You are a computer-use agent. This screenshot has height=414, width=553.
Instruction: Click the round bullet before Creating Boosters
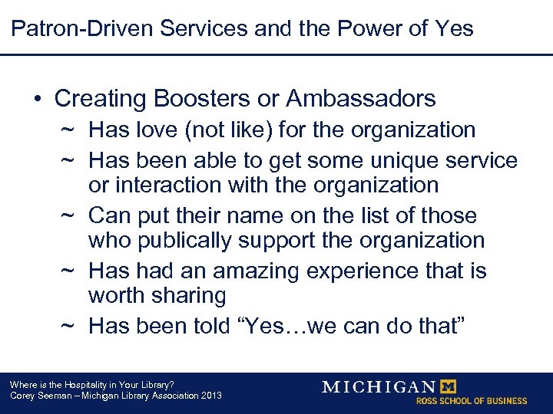(x=38, y=99)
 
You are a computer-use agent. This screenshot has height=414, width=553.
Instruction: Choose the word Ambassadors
(x=361, y=98)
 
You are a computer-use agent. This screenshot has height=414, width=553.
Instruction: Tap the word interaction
(x=171, y=185)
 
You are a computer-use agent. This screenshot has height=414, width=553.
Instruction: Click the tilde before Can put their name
(x=68, y=215)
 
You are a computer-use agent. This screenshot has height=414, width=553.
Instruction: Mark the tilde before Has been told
(x=68, y=326)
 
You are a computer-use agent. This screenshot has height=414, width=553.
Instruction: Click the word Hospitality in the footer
(x=86, y=384)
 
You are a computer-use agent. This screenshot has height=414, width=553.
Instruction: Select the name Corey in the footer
(x=22, y=396)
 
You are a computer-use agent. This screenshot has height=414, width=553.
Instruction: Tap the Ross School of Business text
(x=471, y=400)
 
